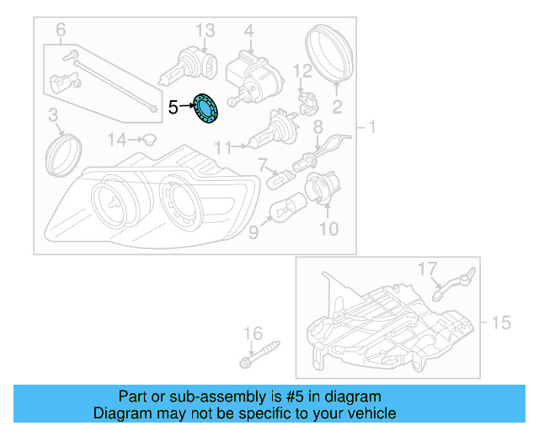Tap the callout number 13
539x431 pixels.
point(206,31)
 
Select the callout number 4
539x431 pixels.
point(248,31)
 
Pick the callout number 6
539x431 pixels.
point(60,31)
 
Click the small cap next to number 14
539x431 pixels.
point(148,139)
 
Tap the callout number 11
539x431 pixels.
point(221,147)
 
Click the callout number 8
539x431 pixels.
point(318,126)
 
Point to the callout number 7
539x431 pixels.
point(262,162)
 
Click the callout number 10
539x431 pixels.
point(328,227)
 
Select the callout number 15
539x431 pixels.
point(501,322)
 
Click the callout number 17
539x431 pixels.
point(429,268)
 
